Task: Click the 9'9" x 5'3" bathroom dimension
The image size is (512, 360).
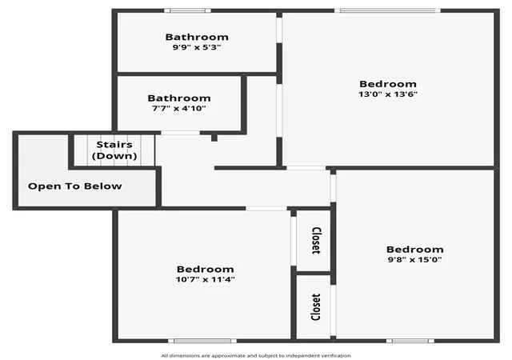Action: (x=197, y=47)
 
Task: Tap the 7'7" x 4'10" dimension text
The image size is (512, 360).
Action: (x=179, y=109)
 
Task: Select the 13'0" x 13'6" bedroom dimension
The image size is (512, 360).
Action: (x=388, y=94)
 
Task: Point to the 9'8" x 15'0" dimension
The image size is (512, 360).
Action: (x=414, y=260)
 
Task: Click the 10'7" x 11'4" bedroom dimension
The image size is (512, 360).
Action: (x=205, y=280)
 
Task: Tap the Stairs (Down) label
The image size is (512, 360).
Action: (x=114, y=150)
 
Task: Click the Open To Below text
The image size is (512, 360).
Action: (x=74, y=186)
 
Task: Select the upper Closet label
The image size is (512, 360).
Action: (x=316, y=241)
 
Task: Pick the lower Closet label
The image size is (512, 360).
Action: (x=315, y=307)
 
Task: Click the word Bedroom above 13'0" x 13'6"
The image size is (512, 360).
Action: (x=388, y=84)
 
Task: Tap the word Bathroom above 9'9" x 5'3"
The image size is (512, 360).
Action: (x=197, y=37)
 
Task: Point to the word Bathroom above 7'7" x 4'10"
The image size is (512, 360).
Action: (x=179, y=98)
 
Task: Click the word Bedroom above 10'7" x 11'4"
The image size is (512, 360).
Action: (x=205, y=269)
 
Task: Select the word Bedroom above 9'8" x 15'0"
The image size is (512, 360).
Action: (x=414, y=250)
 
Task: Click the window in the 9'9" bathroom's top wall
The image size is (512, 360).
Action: (x=187, y=10)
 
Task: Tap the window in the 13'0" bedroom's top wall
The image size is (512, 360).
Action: (x=387, y=10)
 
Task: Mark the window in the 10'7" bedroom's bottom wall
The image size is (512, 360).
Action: (x=202, y=341)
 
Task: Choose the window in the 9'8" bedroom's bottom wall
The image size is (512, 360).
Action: (x=410, y=341)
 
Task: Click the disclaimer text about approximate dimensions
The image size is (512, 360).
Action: (x=256, y=356)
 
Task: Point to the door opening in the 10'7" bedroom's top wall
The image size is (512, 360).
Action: (x=266, y=209)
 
